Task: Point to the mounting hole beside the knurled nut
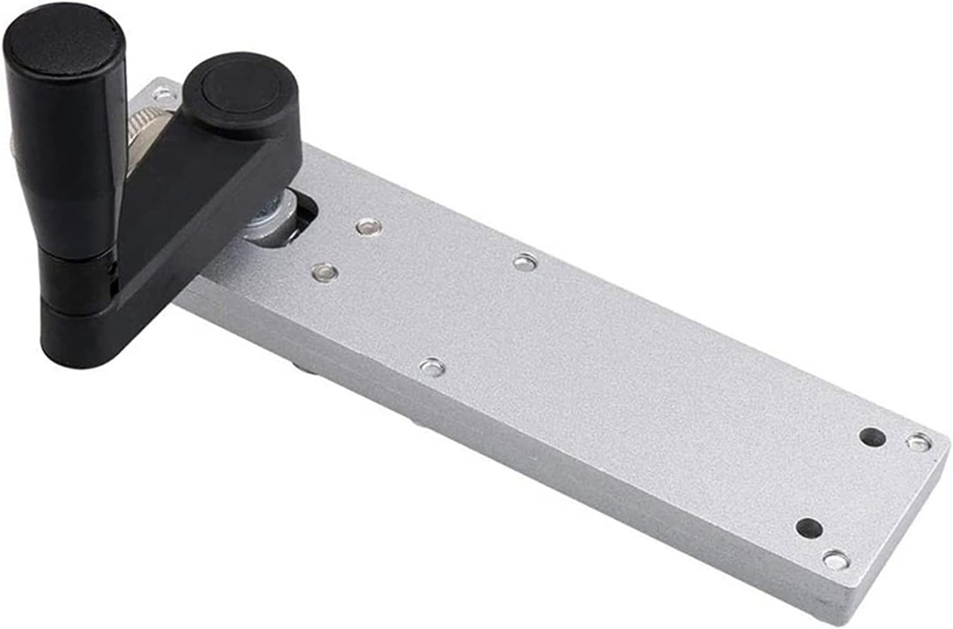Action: pyautogui.click(x=160, y=94)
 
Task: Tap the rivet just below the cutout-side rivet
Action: pyautogui.click(x=324, y=272)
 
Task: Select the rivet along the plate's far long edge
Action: pyautogui.click(x=524, y=261)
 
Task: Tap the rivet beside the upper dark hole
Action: pyautogui.click(x=918, y=441)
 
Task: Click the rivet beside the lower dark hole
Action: pyautogui.click(x=836, y=560)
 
